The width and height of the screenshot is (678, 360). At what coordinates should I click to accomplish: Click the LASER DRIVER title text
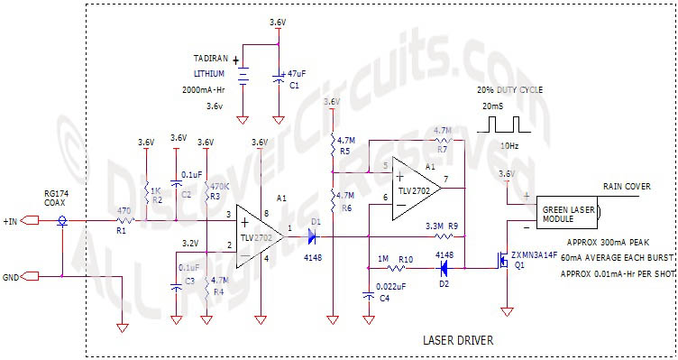click(458, 340)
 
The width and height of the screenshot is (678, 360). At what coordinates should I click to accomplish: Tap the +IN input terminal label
click(15, 220)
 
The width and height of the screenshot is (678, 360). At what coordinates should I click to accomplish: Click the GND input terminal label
click(13, 276)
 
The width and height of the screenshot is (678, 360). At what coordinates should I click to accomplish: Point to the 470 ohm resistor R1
click(124, 220)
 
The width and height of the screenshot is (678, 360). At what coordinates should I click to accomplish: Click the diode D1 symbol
click(312, 237)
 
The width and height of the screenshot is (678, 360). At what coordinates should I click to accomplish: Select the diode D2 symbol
click(443, 268)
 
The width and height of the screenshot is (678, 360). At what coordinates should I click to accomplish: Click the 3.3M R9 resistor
click(435, 236)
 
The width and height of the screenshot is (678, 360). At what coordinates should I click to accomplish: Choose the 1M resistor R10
click(394, 268)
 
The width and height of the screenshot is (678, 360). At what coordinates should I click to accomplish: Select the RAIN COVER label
click(627, 187)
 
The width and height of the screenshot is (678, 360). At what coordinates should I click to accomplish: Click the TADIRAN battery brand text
click(212, 57)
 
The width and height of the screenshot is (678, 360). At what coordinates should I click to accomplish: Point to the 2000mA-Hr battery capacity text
click(208, 90)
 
